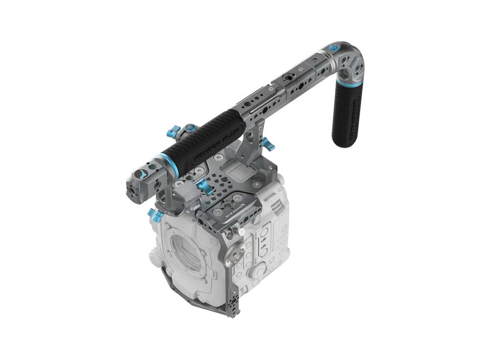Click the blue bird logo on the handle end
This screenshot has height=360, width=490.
coord(141,174)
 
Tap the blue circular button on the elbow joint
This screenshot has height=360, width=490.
coord(334,49)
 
